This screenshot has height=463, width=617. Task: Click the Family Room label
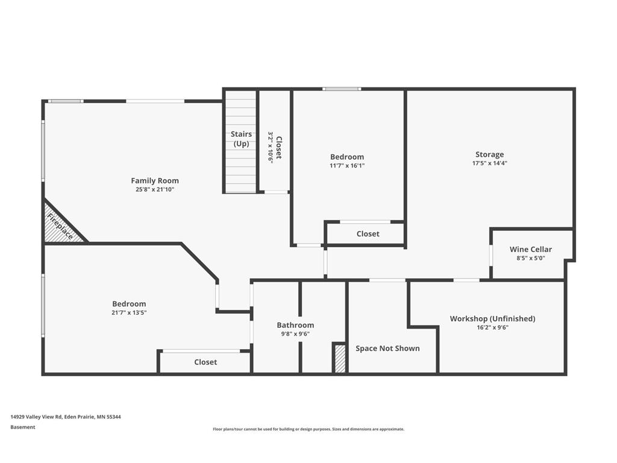(x=155, y=180)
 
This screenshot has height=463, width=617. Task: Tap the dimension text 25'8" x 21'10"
(x=155, y=189)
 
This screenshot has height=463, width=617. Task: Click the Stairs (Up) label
(x=241, y=139)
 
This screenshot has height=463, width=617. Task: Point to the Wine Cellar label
(x=530, y=249)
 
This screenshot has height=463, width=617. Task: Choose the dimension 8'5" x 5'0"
(x=530, y=258)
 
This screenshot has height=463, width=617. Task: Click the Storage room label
(x=489, y=154)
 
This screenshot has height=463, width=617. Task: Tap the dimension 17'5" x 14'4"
(x=489, y=163)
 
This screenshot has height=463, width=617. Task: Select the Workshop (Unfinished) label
(x=492, y=318)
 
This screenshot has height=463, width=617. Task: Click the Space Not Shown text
(x=387, y=348)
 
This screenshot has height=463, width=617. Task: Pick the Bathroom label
(x=295, y=325)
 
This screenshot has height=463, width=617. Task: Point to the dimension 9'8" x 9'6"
(x=295, y=334)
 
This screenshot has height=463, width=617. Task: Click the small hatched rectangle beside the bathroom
(x=340, y=359)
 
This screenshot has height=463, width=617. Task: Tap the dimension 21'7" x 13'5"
(x=129, y=313)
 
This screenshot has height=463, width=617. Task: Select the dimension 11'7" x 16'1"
(x=347, y=166)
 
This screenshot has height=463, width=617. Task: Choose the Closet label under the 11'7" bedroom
(x=368, y=233)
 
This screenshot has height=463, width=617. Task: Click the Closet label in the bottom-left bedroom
(x=205, y=362)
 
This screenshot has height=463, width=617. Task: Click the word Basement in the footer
(x=23, y=427)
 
